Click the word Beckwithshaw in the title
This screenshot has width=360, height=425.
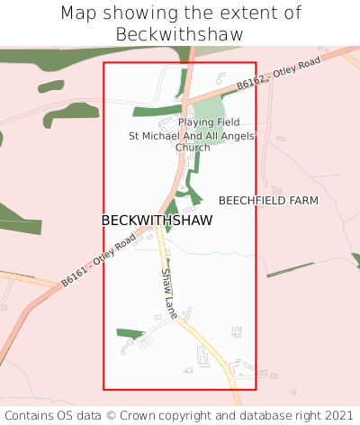pyautogui.click(x=180, y=34)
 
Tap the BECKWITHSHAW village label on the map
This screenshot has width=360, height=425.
pyautogui.click(x=157, y=221)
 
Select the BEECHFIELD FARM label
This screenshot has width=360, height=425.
pyautogui.click(x=268, y=200)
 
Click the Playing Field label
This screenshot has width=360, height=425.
pyautogui.click(x=209, y=122)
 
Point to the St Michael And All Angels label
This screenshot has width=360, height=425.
pyautogui.click(x=192, y=136)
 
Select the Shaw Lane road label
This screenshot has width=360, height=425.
pyautogui.click(x=168, y=294)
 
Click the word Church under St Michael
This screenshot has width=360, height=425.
pyautogui.click(x=193, y=148)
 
